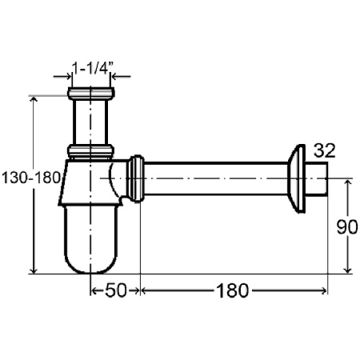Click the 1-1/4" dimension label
point(93,68)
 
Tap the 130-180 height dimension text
point(30,178)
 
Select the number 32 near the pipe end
point(324,150)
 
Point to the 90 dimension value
point(347,227)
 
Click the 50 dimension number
point(115,290)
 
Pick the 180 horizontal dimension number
point(233,290)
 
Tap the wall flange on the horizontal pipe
point(296,178)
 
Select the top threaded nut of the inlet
point(91,94)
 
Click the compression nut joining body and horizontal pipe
point(135,178)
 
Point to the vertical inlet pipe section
point(90,122)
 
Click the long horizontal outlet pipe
point(216,178)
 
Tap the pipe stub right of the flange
point(316,178)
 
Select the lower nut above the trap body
point(90,151)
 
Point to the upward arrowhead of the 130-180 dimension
point(34,100)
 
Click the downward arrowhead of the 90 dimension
point(347,270)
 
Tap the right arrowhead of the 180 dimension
point(324,290)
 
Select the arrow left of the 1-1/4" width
point(62,77)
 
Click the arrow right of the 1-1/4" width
point(121,77)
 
